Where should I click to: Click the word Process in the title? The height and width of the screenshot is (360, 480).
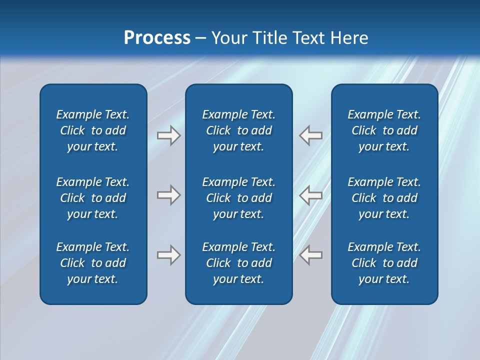click(x=157, y=38)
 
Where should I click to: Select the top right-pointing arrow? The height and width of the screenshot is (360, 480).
click(x=168, y=135)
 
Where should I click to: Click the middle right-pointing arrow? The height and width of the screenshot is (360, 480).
click(x=168, y=195)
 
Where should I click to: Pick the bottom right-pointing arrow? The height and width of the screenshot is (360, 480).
click(x=168, y=255)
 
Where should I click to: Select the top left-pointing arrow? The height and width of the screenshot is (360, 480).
click(x=311, y=135)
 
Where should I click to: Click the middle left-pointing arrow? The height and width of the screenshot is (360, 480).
click(x=311, y=195)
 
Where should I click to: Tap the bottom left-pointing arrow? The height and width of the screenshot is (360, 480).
click(x=311, y=255)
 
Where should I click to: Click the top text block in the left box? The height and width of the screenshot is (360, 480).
click(x=93, y=130)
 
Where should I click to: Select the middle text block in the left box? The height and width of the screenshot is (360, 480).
click(x=93, y=198)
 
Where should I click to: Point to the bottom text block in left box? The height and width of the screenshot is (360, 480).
click(x=93, y=263)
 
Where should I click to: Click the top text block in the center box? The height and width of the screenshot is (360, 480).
click(x=238, y=130)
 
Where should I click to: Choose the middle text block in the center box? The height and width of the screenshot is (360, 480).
click(x=238, y=198)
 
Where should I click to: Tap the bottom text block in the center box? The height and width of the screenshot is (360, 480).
click(x=238, y=263)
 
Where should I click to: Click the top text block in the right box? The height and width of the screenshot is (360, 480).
click(x=384, y=130)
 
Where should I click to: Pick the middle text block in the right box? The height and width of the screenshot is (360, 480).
click(x=384, y=198)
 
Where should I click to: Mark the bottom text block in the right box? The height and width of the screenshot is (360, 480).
click(x=384, y=263)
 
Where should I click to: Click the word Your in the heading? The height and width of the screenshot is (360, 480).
click(x=228, y=38)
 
